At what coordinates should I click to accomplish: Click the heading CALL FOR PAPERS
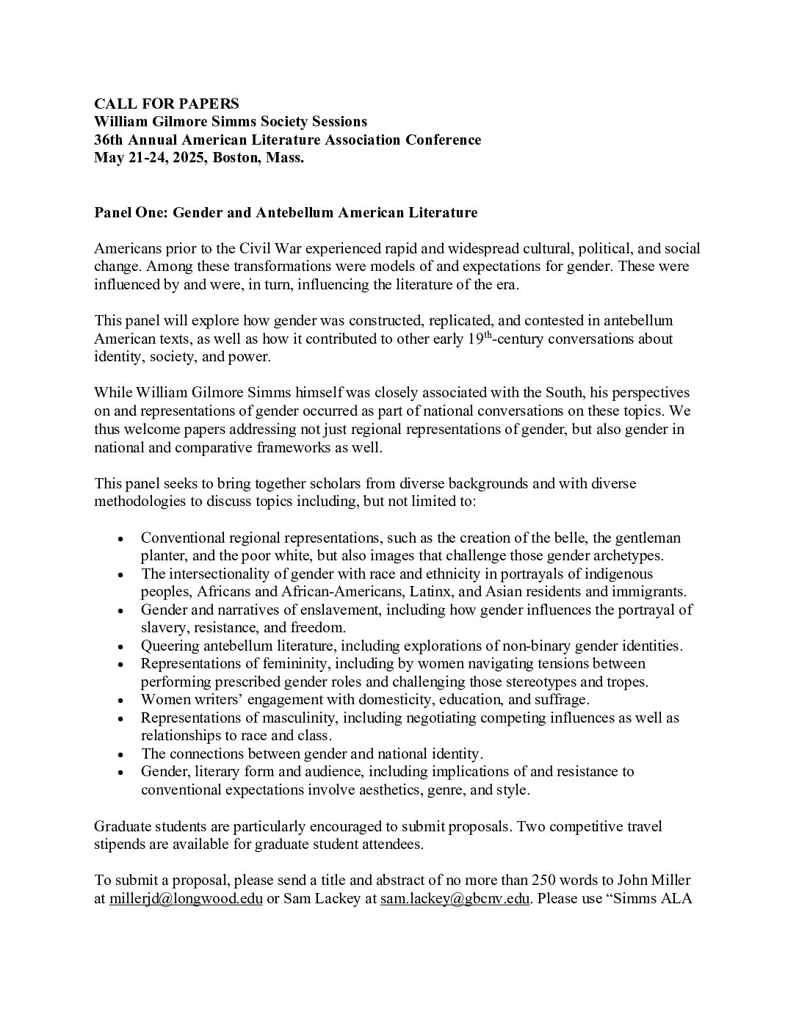[x=166, y=104]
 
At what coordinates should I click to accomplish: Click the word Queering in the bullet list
[x=168, y=646]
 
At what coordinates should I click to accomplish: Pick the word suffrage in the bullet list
[x=563, y=700]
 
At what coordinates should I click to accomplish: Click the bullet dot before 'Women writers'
[x=120, y=701]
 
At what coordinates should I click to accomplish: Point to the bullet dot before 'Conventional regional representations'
[x=120, y=538]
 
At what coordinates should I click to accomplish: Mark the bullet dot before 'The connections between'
[x=120, y=754]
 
